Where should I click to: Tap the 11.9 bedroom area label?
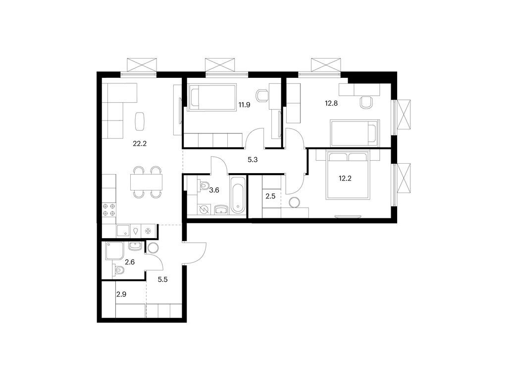pos(244,105)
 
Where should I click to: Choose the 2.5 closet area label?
pos(270,196)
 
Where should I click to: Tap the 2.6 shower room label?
pos(130,262)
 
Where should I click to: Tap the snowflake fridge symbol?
pos(148,231)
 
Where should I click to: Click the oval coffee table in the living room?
pos(140,120)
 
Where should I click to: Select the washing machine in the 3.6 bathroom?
pos(203,209)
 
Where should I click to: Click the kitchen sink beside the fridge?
pos(122,231)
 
